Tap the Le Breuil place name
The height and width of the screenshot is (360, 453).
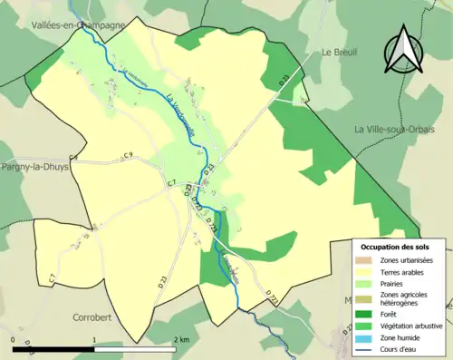(x=341, y=53)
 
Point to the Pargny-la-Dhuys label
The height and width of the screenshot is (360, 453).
(x=36, y=168)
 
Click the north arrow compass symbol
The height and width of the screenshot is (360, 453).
(x=404, y=50)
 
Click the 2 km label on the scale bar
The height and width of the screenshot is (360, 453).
(x=180, y=339)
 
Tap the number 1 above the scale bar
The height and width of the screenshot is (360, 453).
(x=95, y=339)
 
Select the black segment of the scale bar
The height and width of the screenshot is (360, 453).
(x=53, y=348)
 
